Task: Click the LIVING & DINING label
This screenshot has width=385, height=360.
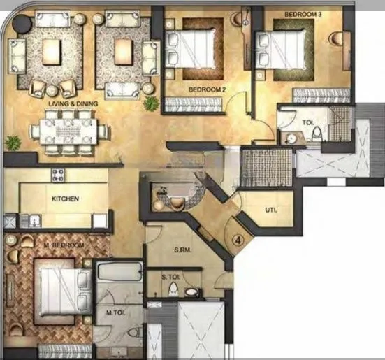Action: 73,104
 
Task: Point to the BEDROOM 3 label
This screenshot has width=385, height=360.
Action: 303,14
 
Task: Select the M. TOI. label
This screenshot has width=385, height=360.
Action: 115,312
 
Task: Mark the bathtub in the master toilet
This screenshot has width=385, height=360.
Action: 117,276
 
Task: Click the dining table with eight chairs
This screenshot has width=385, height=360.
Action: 69,131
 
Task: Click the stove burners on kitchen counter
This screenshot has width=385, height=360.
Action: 57,175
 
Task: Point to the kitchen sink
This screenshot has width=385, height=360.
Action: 27,220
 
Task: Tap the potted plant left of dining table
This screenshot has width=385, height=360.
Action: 11,143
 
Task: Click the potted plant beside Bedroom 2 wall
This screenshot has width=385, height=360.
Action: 150,103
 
